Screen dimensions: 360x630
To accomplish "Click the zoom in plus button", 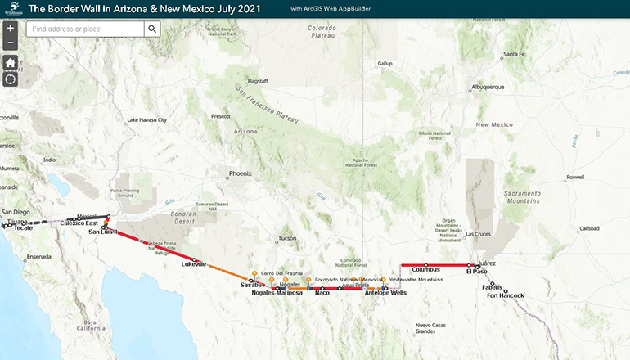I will pos(10,28).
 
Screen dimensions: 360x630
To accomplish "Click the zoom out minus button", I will pos(10,43).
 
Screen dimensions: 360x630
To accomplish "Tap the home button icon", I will pos(10,63).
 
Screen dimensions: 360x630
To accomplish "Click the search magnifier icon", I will pos(152,29).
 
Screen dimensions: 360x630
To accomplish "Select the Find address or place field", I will pos(85,29).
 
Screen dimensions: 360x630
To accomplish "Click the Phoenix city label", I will pos(241,173).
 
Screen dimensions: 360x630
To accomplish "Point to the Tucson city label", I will pos(287,238).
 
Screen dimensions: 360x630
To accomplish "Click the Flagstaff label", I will pos(258,81).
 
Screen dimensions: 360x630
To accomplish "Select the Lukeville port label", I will pos(194,265).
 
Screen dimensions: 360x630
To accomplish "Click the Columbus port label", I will pos(425,269).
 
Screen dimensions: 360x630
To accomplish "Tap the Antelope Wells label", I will pos(385,292).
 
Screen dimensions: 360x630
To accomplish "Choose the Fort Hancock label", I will pos(505,295).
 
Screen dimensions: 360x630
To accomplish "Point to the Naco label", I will pos(322,292).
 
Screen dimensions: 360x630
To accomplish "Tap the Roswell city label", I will pos(575,177).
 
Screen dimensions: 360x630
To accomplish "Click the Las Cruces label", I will pos(479,234).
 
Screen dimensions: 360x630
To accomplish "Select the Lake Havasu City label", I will pos(146,119).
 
